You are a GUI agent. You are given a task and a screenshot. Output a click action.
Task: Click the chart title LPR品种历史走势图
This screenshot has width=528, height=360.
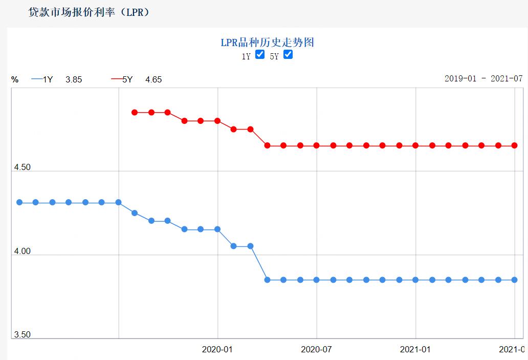tap(267, 43)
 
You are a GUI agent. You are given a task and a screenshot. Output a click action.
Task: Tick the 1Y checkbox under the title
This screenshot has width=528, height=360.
tap(260, 55)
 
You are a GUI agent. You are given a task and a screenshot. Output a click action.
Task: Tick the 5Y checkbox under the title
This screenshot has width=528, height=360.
tap(288, 55)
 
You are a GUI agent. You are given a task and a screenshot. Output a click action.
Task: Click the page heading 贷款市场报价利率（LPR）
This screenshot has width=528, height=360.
tap(89, 12)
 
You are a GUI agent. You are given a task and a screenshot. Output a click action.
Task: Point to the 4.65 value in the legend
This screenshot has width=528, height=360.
tap(153, 79)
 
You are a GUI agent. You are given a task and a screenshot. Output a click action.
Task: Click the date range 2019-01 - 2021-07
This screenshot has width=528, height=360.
tap(483, 78)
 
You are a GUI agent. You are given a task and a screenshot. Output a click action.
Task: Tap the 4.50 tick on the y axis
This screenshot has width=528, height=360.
tap(22, 167)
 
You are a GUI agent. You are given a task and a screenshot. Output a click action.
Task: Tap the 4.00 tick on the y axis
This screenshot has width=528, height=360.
tap(22, 251)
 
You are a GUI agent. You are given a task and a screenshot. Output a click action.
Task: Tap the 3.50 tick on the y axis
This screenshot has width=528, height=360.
tap(22, 334)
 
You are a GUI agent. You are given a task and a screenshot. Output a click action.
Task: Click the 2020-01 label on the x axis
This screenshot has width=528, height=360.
tap(217, 349)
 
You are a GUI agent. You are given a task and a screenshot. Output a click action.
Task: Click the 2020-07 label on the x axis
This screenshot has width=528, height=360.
tap(316, 349)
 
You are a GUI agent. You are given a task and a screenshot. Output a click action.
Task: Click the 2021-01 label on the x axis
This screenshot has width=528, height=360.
tap(415, 349)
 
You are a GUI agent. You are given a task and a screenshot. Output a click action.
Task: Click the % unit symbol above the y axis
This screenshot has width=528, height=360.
tap(15, 79)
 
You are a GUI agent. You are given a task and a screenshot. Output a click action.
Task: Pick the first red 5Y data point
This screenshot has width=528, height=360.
tap(135, 112)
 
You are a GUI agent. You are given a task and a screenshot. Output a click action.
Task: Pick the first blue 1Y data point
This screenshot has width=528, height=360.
tap(19, 202)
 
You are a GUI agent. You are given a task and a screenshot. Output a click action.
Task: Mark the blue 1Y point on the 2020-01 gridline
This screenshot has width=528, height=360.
tap(217, 229)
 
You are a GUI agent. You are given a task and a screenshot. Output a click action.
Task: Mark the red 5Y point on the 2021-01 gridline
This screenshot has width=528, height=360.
tap(415, 145)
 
